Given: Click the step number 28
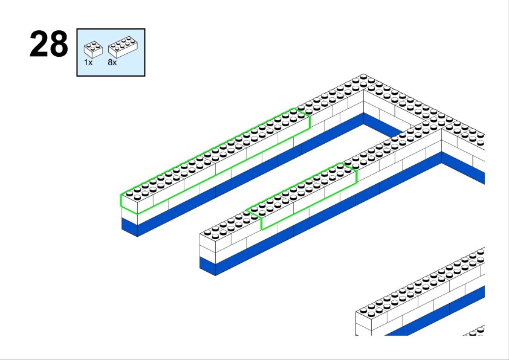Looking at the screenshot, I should click(48, 45).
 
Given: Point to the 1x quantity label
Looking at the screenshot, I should click(88, 62).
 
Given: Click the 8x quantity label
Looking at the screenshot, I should click(112, 62).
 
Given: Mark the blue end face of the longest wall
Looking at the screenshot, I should click(129, 227).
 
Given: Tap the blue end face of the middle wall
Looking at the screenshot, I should click(207, 266).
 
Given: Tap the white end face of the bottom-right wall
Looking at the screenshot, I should click(363, 324).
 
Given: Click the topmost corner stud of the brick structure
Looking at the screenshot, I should click(363, 78).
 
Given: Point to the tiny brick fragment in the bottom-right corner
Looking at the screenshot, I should click(475, 330).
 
